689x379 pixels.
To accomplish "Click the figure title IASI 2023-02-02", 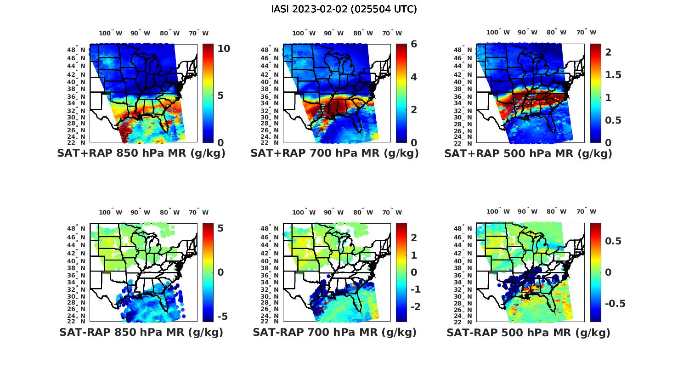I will (x=344, y=9).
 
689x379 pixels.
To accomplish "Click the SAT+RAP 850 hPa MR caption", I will (x=141, y=153).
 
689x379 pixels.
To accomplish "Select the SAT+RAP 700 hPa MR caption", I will (x=334, y=153).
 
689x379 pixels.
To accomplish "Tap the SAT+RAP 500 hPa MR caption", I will (x=528, y=153).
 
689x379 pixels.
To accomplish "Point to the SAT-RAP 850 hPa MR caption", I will (x=141, y=332).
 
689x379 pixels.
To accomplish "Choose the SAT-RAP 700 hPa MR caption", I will (x=334, y=332).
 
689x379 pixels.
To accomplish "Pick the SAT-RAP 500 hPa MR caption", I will (x=528, y=332).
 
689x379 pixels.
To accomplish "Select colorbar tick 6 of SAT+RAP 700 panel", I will (x=414, y=44).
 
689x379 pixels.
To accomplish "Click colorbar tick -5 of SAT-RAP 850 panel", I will (x=222, y=317).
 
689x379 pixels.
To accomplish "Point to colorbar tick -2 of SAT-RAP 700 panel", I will (x=415, y=306).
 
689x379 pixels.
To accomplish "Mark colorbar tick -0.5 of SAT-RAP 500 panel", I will (x=615, y=304).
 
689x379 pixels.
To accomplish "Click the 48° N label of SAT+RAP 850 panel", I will (x=77, y=50).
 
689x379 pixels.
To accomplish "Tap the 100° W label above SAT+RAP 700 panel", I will (x=304, y=33).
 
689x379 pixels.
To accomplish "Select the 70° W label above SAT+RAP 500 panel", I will (x=586, y=32).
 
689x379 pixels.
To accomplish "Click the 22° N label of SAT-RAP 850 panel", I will (x=77, y=321).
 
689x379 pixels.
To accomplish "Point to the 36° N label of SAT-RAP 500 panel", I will (x=464, y=275).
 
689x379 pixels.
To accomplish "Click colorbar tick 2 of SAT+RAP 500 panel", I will (x=608, y=52).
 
